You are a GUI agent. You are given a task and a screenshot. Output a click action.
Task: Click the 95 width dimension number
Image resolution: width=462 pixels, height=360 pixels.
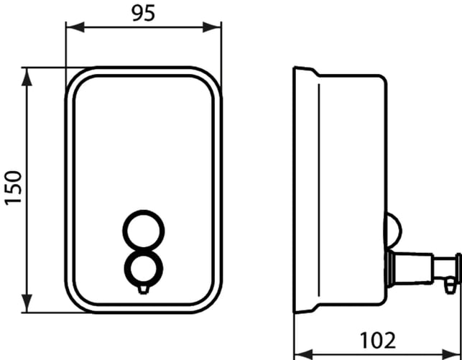pos(143,14)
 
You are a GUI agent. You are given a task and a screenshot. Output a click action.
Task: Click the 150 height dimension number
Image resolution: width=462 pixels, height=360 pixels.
pos(14,188)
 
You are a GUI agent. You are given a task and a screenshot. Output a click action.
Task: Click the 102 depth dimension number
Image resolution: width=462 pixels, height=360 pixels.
pos(378,341)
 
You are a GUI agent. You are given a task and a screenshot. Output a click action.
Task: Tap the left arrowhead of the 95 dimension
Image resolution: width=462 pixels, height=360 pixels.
pos(75,27)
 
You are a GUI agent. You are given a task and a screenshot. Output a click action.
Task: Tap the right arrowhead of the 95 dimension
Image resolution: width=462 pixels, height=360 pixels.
pos(211,27)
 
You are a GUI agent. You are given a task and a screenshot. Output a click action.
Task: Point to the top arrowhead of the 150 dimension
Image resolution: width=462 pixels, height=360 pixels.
pos(27,77)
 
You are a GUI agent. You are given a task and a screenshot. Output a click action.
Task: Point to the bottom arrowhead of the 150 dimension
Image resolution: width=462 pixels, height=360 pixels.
pos(27,303)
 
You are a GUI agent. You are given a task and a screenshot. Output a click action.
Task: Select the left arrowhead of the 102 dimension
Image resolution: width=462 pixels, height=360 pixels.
pos(304,354)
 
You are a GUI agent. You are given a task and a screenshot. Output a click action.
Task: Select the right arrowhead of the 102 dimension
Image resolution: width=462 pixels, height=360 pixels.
pos(451,354)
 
